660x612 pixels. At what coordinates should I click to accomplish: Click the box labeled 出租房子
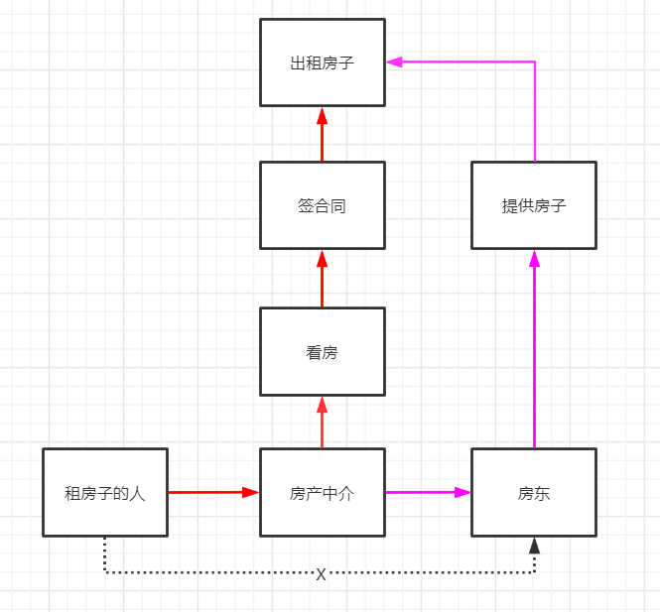click(322, 62)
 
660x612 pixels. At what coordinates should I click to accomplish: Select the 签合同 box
click(322, 205)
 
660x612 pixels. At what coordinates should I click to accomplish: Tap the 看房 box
click(322, 351)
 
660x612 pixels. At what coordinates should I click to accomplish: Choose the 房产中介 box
click(322, 492)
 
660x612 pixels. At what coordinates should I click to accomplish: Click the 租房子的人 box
click(105, 492)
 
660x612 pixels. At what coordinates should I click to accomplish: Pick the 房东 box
click(534, 492)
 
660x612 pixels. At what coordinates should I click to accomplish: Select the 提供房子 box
click(534, 205)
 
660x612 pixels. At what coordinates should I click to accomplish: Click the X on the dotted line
click(321, 574)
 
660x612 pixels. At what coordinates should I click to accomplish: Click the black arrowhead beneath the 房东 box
click(534, 545)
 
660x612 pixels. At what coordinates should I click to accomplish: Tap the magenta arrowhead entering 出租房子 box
click(394, 61)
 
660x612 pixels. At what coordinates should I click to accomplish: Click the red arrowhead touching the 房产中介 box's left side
click(251, 492)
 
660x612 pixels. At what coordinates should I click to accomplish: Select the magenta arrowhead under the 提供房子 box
click(534, 258)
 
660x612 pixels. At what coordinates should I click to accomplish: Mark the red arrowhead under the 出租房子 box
click(322, 115)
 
